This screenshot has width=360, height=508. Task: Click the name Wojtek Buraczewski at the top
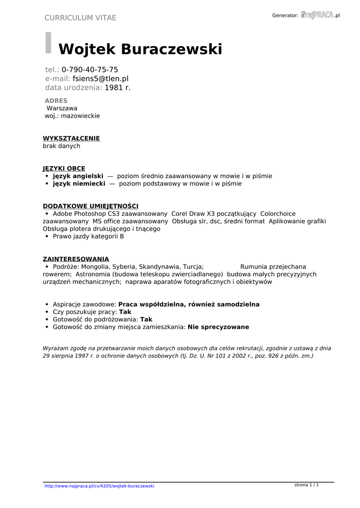tap(140, 50)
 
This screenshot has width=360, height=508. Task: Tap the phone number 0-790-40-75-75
tap(90, 69)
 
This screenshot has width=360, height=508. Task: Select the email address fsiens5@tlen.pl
tap(100, 78)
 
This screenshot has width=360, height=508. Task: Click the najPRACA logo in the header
tap(317, 15)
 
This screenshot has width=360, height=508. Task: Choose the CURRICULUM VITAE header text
tap(80, 18)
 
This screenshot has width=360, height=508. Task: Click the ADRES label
tap(56, 101)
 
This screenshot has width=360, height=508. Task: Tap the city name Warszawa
tap(62, 108)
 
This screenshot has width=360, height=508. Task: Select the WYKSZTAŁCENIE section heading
tap(71, 138)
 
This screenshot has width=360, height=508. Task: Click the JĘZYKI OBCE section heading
tap(64, 169)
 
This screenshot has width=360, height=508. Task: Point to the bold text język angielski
tap(78, 176)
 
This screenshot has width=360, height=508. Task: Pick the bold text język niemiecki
tap(79, 184)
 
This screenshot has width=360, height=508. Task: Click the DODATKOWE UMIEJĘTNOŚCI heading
tap(90, 206)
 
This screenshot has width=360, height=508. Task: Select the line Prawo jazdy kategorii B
tap(88, 237)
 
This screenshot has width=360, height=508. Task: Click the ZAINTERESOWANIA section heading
tap(75, 259)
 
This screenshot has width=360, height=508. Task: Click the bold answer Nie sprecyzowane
tap(218, 327)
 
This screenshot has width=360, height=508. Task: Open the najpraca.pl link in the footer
tap(99, 486)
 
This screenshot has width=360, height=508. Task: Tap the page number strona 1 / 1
tap(306, 485)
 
